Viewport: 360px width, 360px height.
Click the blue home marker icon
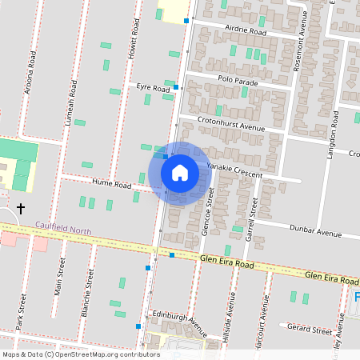(180, 172)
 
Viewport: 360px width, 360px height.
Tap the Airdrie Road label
(246, 31)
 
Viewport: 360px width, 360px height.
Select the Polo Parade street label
(237, 80)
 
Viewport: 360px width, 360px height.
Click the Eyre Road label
(153, 89)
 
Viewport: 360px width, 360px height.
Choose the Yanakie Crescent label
(234, 166)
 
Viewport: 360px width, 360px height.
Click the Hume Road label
(111, 184)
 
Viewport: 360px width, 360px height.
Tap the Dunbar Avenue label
(318, 234)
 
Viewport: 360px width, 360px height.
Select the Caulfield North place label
(63, 231)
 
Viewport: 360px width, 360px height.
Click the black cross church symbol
(20, 208)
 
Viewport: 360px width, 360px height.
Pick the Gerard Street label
(310, 330)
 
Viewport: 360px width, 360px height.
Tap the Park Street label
(22, 313)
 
